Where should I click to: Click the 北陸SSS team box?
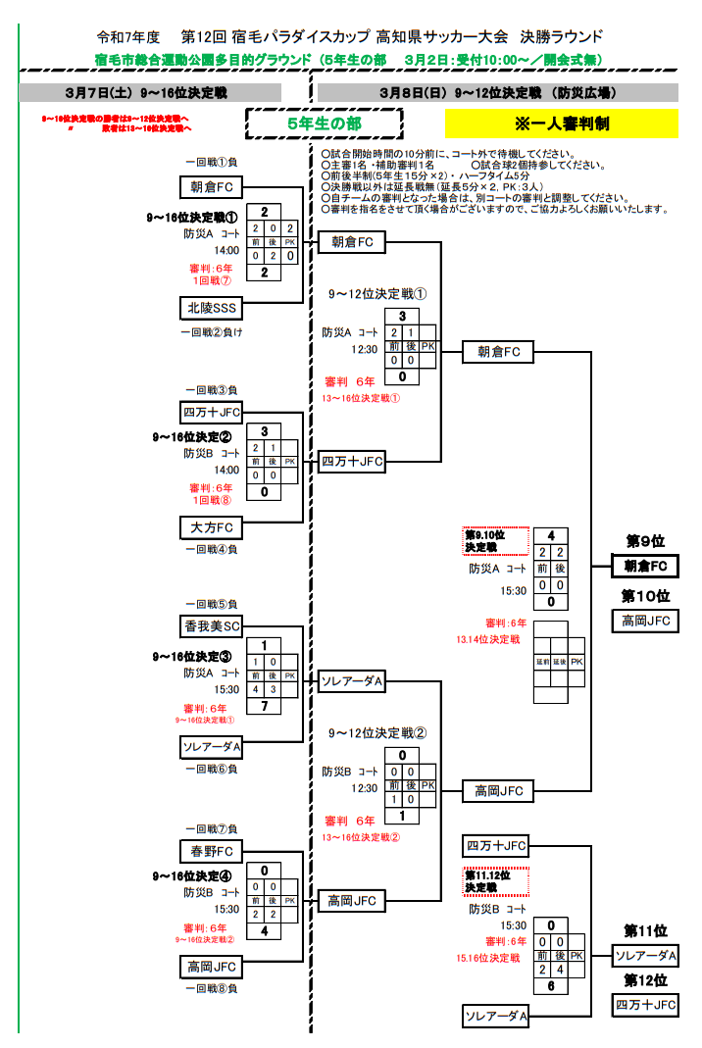click(212, 308)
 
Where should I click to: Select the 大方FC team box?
click(212, 528)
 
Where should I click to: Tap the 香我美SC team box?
click(212, 625)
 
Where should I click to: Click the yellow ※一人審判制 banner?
click(561, 125)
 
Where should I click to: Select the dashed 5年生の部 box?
click(324, 125)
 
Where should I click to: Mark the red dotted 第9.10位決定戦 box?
click(495, 541)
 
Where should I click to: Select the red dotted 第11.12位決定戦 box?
click(495, 880)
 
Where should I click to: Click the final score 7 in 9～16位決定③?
click(265, 707)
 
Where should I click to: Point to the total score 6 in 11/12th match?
click(552, 986)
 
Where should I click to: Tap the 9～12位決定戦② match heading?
click(377, 732)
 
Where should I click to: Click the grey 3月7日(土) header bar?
click(151, 93)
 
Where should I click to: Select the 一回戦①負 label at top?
click(212, 163)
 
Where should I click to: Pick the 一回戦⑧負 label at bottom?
click(212, 988)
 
